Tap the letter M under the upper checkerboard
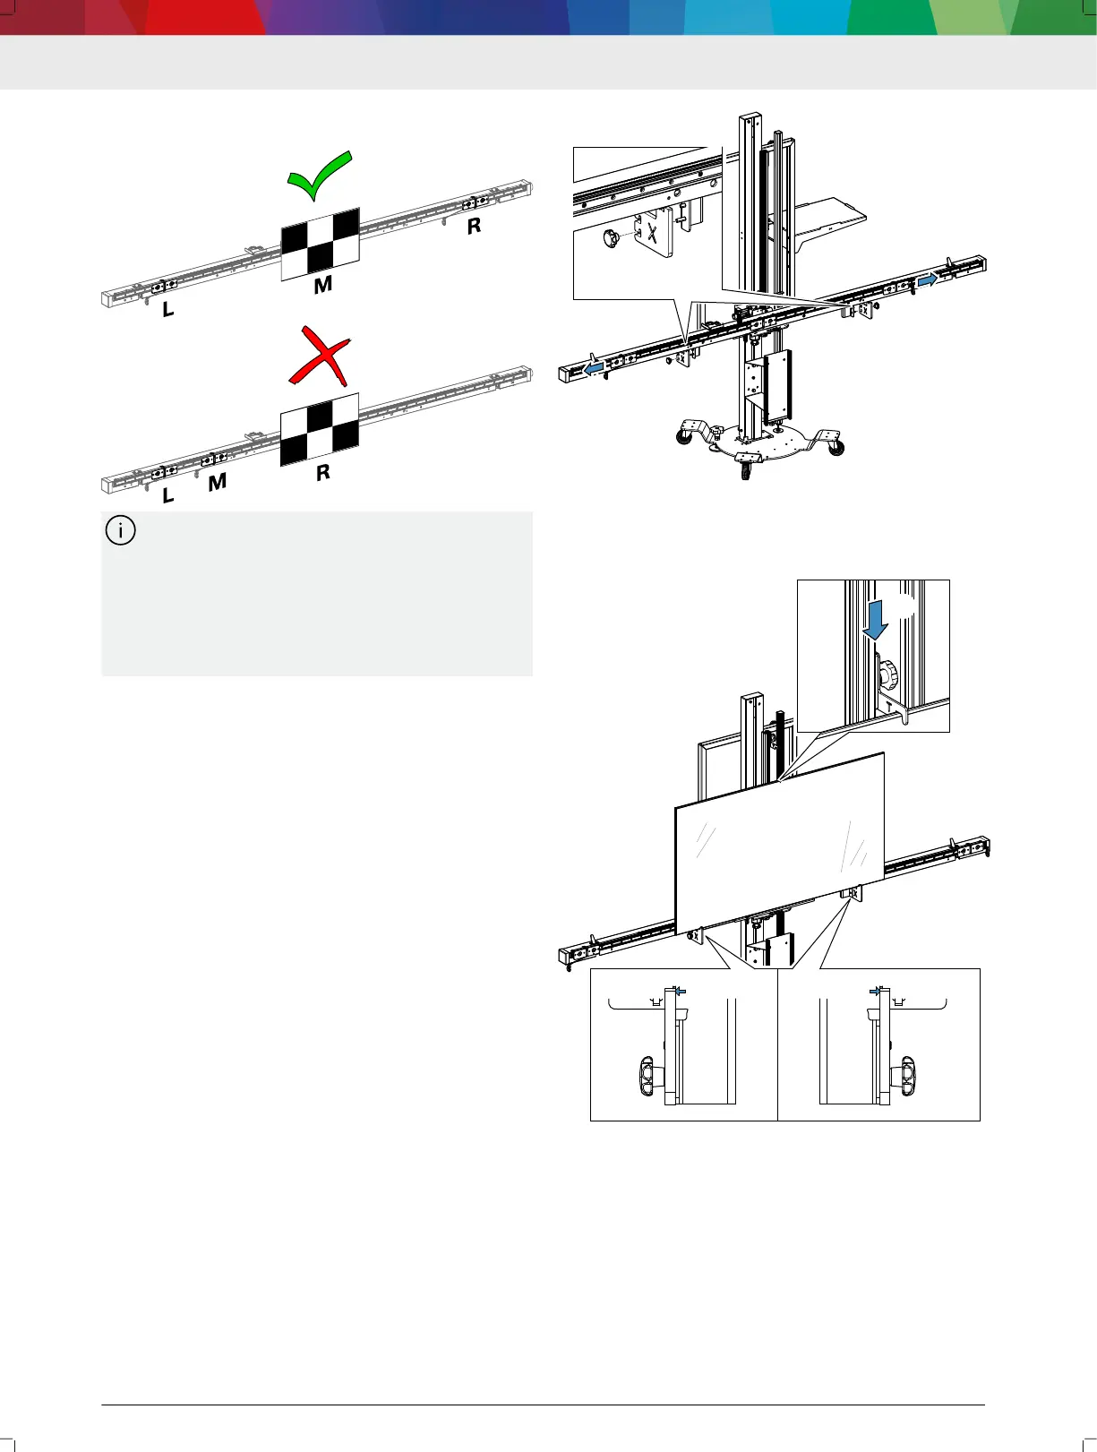323,285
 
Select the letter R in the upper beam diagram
474,227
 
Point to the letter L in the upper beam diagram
167,311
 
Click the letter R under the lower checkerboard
323,472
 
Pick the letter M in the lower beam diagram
217,483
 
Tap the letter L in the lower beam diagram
167,495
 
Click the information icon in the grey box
121,530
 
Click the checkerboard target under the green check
320,243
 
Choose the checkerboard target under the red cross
320,429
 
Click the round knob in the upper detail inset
613,239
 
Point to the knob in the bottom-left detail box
648,1073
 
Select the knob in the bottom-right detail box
907,1073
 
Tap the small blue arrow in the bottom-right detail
874,991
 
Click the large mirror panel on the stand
779,842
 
